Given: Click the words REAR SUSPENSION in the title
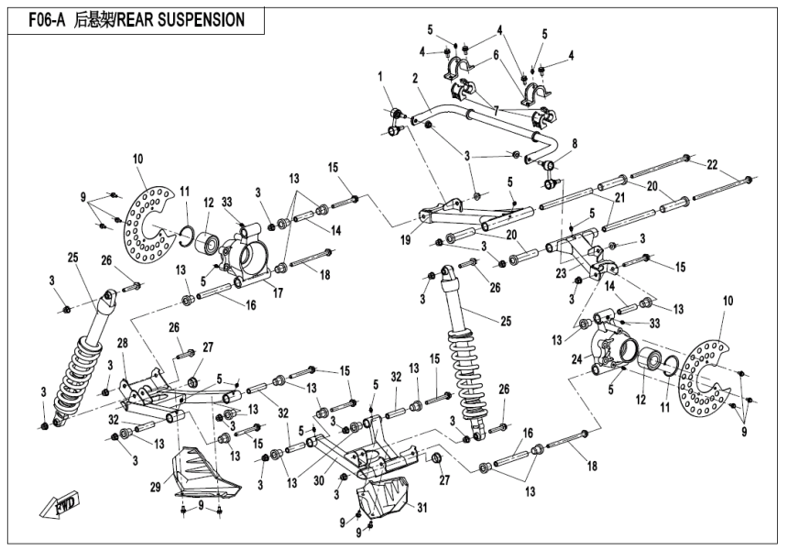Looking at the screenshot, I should [x=191, y=20].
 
